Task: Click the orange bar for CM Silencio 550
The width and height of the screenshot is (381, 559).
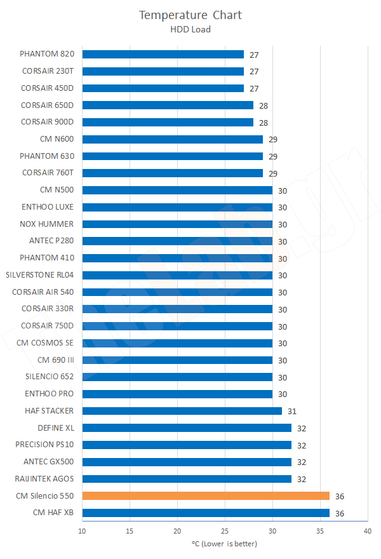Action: (206, 495)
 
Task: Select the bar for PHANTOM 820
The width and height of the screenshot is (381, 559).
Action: (163, 55)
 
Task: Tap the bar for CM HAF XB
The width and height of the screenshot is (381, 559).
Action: (206, 513)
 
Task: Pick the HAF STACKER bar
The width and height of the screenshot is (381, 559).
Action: (182, 411)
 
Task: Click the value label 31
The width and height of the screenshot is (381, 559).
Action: (292, 411)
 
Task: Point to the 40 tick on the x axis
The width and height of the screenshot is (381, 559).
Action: (367, 531)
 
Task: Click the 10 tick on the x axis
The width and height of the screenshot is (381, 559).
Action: (83, 531)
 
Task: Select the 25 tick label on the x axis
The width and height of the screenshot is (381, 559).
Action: (225, 531)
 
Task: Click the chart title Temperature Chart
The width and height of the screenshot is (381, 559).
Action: (190, 15)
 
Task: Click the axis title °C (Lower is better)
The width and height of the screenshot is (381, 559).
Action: (225, 544)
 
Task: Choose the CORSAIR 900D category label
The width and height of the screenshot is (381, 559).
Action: (47, 122)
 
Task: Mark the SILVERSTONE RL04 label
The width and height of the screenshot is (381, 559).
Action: (39, 275)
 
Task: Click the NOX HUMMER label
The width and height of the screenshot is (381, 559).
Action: (46, 224)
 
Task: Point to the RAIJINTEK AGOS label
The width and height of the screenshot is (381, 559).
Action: (44, 479)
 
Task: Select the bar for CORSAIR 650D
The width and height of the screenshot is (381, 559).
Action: (168, 105)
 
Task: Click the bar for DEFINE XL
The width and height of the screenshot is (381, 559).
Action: (187, 428)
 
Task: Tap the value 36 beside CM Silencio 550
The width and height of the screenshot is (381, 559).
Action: (340, 496)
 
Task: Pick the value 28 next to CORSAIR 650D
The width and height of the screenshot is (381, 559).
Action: (264, 105)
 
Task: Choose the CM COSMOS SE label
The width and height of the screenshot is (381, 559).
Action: (45, 343)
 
